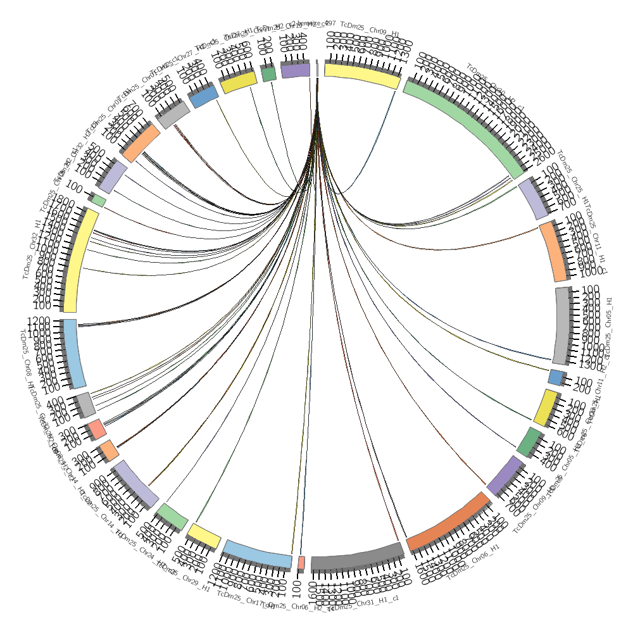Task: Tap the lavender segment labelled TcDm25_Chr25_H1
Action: pos(534,199)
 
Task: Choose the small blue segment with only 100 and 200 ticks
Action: pos(555,378)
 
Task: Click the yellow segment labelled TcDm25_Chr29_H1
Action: pos(204,536)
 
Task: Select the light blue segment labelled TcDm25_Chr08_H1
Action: pos(74,353)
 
